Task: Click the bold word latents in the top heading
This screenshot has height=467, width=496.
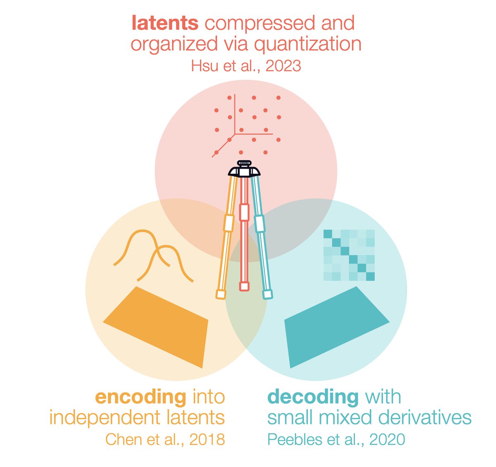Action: [165, 23]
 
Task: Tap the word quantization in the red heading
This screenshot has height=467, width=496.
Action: [308, 44]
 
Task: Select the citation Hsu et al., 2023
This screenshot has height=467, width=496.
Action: [246, 66]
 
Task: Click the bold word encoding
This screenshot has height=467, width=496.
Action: [141, 397]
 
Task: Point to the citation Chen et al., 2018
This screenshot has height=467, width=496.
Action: [165, 439]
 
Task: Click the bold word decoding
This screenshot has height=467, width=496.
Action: [313, 397]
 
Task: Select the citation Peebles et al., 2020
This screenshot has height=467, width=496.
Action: [336, 439]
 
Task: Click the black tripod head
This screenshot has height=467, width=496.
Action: [245, 170]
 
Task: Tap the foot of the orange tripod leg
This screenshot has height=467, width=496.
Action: [221, 294]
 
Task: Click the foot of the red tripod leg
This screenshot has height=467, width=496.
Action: [244, 286]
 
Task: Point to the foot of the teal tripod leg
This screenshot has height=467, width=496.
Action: [268, 294]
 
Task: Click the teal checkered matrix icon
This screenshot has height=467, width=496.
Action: [348, 255]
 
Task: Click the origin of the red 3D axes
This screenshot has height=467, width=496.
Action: [235, 134]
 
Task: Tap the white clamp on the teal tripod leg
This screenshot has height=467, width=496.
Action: [260, 223]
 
